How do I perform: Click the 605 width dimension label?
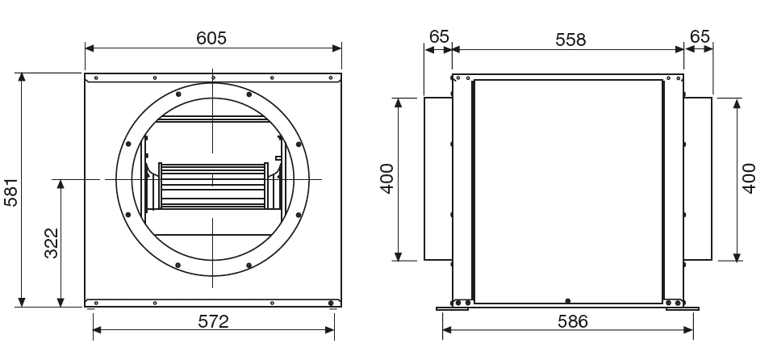click(211, 38)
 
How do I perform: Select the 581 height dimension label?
click(10, 192)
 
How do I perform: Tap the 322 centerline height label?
click(52, 243)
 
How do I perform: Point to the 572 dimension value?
click(214, 321)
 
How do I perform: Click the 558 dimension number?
click(570, 40)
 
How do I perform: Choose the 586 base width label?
click(573, 321)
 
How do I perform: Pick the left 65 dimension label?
click(439, 36)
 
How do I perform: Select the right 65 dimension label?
click(700, 36)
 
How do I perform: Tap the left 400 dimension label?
click(387, 178)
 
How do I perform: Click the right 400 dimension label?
click(748, 178)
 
